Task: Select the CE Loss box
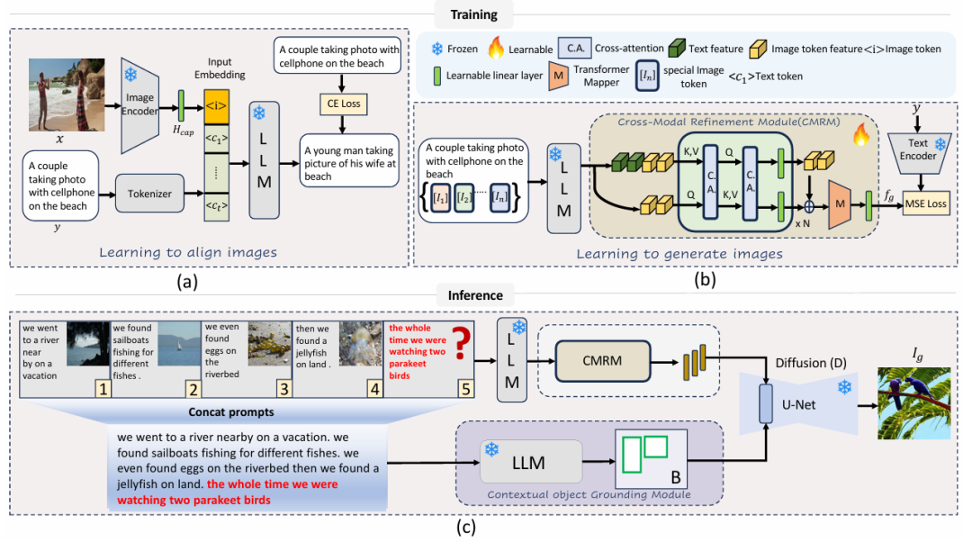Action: tap(337, 104)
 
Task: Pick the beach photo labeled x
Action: tap(62, 95)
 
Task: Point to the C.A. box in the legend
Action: tap(577, 48)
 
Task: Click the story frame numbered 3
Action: tap(247, 357)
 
